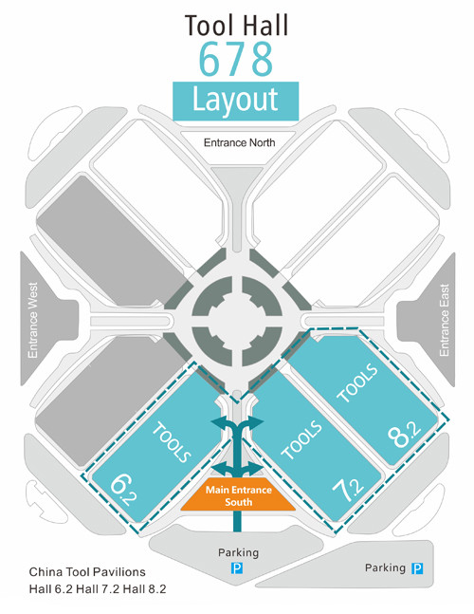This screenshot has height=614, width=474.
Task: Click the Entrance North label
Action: point(239,142)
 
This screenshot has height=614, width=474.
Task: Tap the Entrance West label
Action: point(33,320)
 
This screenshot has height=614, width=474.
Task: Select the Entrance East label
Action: point(444,320)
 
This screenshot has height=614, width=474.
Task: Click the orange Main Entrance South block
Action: point(238,494)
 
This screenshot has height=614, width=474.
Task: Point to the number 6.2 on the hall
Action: point(123,490)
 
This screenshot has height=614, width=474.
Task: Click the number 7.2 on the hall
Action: point(348,490)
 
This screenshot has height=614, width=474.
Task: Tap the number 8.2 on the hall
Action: point(405,435)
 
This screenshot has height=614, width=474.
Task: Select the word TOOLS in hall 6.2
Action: point(172,442)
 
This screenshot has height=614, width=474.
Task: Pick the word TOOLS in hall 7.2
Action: point(301,440)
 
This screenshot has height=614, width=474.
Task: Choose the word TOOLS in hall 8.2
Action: point(357,383)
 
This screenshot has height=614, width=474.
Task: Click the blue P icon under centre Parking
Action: point(237,568)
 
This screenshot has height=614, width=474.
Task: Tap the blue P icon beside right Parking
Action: point(417,568)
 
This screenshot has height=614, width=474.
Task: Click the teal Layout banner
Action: point(236,101)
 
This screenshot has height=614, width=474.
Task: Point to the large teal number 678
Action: point(236,59)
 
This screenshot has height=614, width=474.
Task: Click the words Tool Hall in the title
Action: point(236,25)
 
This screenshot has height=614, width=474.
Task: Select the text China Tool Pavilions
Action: point(87,572)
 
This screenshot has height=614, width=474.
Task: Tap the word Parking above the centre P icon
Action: point(238,552)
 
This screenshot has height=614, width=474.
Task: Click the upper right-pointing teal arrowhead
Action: point(256,423)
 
